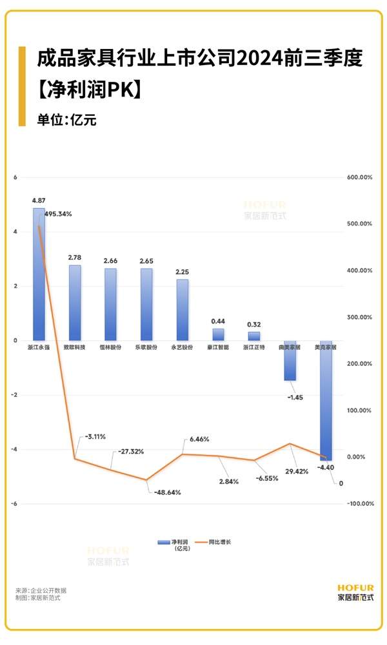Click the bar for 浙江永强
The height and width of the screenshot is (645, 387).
[x=39, y=274]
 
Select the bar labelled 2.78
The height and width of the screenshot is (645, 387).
[x=75, y=302]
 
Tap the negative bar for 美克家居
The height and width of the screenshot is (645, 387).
[x=326, y=400]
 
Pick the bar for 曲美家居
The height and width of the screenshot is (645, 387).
[x=290, y=360]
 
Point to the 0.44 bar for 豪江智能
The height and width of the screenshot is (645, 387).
[x=218, y=334]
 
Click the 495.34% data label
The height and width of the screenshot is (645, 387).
[x=58, y=214]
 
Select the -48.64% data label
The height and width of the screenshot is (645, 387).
[x=167, y=492]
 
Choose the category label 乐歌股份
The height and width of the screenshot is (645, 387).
[x=146, y=347]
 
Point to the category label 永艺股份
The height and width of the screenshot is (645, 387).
[x=182, y=347]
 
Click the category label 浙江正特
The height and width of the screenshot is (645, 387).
[x=253, y=347]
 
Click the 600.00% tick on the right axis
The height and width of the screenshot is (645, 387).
[x=359, y=177]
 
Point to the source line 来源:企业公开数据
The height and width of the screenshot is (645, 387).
[x=41, y=590]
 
